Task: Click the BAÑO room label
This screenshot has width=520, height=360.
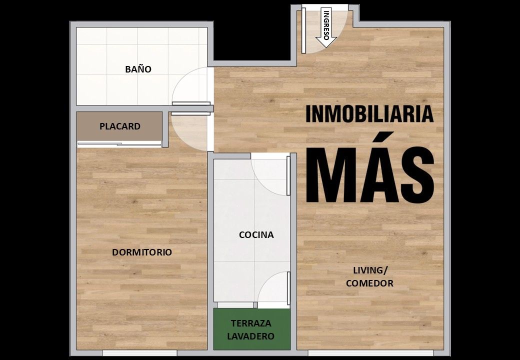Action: point(138,69)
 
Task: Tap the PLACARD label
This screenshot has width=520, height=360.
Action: point(120,126)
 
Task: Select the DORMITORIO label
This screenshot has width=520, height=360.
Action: point(142,252)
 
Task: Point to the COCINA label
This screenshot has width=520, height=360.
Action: point(256,234)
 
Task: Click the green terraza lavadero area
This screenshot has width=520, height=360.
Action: point(251,329)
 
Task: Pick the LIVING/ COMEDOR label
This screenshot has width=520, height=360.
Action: point(370,276)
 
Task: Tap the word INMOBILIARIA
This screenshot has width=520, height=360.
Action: point(369,114)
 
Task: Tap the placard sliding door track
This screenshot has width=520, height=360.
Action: point(119,144)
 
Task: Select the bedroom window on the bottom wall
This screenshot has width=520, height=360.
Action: point(139,352)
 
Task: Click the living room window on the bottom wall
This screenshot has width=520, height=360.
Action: point(371,352)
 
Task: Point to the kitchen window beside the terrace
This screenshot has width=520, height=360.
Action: point(235,305)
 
